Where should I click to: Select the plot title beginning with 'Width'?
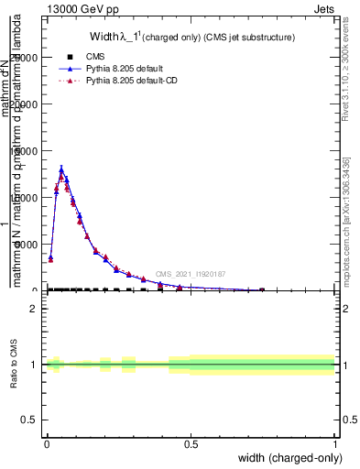[x=180, y=38]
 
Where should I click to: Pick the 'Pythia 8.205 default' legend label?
[x=125, y=69]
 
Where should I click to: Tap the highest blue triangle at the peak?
[x=61, y=169]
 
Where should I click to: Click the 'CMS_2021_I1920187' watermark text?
[x=191, y=274]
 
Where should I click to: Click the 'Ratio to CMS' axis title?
[x=14, y=365]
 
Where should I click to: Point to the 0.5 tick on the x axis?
[x=191, y=443]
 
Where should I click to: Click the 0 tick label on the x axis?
[x=47, y=443]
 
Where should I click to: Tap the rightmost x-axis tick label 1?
[x=335, y=443]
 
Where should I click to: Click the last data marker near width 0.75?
[x=262, y=289]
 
